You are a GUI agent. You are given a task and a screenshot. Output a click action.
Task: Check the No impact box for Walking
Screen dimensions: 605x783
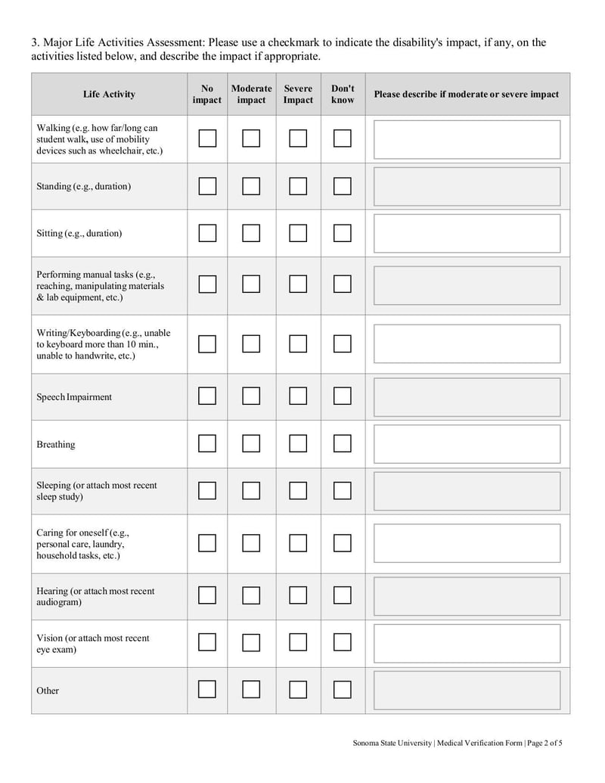[x=207, y=138]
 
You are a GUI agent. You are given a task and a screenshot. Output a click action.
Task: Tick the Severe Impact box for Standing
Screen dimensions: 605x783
[x=298, y=186]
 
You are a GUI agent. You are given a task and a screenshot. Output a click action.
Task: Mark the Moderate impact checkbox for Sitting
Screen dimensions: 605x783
[x=251, y=233]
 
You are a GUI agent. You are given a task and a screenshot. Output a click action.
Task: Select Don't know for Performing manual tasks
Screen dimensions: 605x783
[x=343, y=284]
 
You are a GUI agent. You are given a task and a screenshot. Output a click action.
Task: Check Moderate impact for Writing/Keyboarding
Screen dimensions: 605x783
[x=251, y=344]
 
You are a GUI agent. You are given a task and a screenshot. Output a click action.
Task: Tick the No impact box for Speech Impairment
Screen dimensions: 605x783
[x=207, y=396]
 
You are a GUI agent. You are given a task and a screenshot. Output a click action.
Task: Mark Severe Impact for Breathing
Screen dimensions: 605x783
[x=298, y=444]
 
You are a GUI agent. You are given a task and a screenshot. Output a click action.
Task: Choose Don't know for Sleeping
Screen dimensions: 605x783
[x=343, y=491]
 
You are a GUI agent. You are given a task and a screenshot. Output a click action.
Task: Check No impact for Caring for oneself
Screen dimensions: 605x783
[x=207, y=543]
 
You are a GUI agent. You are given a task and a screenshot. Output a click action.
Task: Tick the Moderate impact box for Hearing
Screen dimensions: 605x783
[x=251, y=596]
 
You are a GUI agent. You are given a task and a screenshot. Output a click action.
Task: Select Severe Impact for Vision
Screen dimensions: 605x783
[x=298, y=643]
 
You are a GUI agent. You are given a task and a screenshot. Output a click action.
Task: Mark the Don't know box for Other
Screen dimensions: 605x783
[x=343, y=690]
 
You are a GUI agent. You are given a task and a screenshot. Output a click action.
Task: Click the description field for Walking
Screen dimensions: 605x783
[x=467, y=139]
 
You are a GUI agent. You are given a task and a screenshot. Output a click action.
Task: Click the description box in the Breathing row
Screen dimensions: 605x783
[x=467, y=444]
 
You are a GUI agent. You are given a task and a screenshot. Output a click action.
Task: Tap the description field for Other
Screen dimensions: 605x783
[x=467, y=690]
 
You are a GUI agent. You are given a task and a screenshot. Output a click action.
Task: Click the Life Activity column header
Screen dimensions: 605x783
[x=109, y=95]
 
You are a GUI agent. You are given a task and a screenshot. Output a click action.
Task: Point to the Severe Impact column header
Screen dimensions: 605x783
[x=298, y=95]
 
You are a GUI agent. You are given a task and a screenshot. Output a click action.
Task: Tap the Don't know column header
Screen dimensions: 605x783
[x=343, y=95]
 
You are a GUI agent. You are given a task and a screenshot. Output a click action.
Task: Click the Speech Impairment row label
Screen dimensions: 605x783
[x=74, y=397]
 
